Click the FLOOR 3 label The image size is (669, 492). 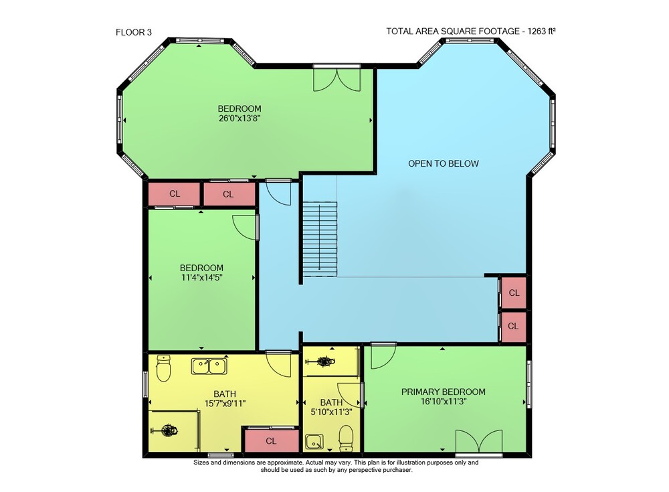pos(134,32)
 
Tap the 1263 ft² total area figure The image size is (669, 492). pos(541,31)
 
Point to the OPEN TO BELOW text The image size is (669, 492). pos(444,163)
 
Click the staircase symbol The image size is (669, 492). pos(320,239)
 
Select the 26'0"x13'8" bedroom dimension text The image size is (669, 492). pos(240,118)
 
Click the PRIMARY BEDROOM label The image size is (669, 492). pos(444,392)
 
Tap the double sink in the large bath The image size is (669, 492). pos(209,366)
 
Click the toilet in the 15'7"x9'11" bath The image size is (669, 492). pos(163,367)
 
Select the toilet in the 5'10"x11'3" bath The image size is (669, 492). pos(346,438)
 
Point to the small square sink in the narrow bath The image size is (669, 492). pos(314,442)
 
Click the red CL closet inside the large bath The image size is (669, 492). pos(270,440)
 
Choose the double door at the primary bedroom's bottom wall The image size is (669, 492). pos(479,440)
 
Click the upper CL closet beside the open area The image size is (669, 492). pos(514,293)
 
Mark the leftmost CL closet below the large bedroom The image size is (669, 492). pos(174,194)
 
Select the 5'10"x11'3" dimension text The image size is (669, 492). pos(331,412)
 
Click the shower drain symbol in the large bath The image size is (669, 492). pos(169,430)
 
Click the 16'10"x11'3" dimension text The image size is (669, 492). pos(444,402)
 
